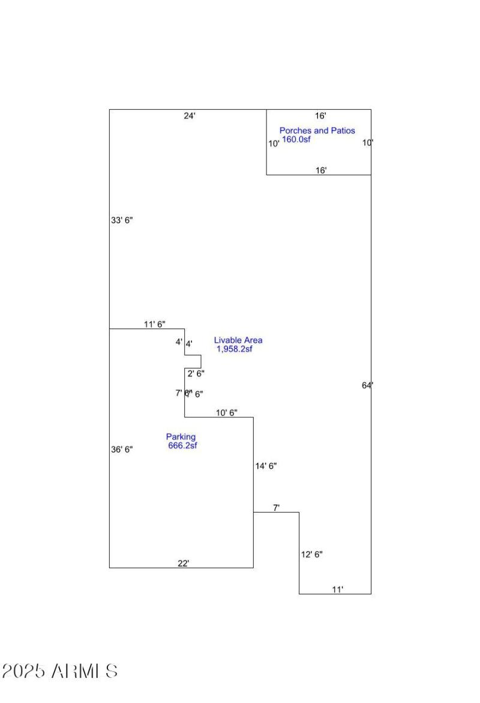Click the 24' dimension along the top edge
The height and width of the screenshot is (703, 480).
pyautogui.click(x=190, y=116)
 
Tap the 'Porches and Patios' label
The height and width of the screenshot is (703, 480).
pyautogui.click(x=317, y=130)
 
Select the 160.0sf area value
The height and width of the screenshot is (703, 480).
pyautogui.click(x=296, y=139)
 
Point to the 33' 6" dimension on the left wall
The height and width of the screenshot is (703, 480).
pyautogui.click(x=122, y=220)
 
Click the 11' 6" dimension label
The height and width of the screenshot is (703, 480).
pyautogui.click(x=155, y=324)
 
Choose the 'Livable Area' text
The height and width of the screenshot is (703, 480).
pyautogui.click(x=238, y=340)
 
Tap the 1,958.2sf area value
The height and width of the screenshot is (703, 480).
pyautogui.click(x=235, y=349)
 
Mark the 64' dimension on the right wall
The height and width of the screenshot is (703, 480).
pyautogui.click(x=367, y=385)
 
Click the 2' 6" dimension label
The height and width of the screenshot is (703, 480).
pyautogui.click(x=196, y=373)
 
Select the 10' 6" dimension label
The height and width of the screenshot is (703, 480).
pyautogui.click(x=226, y=412)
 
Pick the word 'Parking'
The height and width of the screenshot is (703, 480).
pyautogui.click(x=181, y=437)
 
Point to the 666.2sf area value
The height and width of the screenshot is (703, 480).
pyautogui.click(x=182, y=445)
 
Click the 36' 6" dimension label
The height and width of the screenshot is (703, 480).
pyautogui.click(x=122, y=449)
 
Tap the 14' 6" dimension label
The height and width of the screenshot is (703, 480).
pyautogui.click(x=266, y=466)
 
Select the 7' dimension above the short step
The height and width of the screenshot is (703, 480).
pyautogui.click(x=277, y=508)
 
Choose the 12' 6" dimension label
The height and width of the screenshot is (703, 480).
pyautogui.click(x=311, y=555)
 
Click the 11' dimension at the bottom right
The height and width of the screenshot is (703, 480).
pyautogui.click(x=338, y=590)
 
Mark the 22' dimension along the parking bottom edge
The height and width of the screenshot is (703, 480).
pyautogui.click(x=184, y=563)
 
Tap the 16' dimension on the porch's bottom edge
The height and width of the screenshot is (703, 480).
pyautogui.click(x=322, y=170)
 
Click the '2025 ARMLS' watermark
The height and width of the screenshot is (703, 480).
pyautogui.click(x=60, y=671)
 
